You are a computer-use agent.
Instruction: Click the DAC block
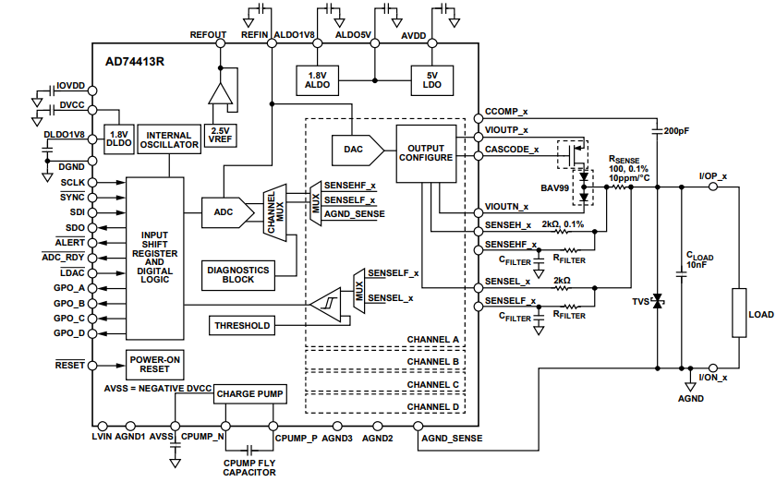(x=352, y=148)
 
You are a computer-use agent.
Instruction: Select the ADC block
(x=224, y=211)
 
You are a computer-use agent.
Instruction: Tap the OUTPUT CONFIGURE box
(x=426, y=151)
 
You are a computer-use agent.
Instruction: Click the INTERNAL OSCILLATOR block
(x=169, y=139)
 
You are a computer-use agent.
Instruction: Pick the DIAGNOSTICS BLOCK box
(x=237, y=274)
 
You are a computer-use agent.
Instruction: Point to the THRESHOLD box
(x=242, y=325)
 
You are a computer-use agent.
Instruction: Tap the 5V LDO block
(x=431, y=80)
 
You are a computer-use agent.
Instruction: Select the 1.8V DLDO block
(x=118, y=139)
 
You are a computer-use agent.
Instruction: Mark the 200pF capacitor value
(x=677, y=131)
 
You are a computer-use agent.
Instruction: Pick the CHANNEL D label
(x=433, y=406)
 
